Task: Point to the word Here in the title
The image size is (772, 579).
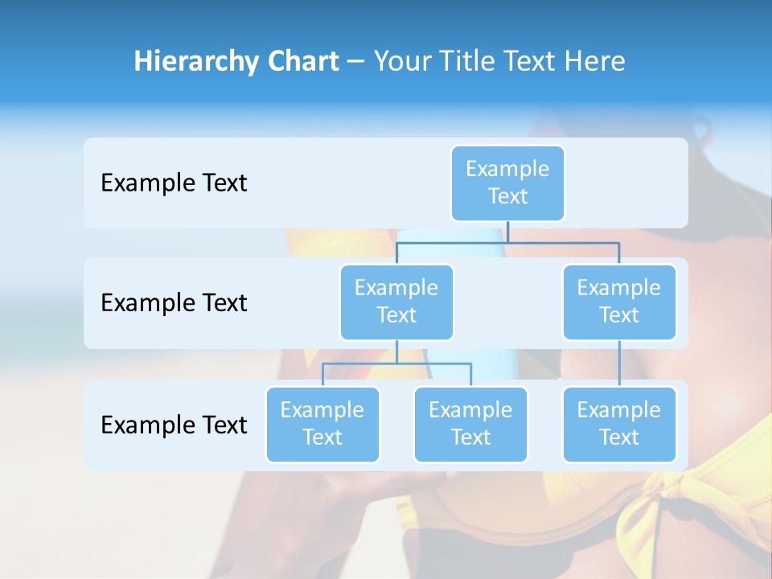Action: pyautogui.click(x=594, y=62)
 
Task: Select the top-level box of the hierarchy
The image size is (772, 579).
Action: pyautogui.click(x=507, y=183)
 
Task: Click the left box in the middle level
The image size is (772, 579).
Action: pyautogui.click(x=396, y=302)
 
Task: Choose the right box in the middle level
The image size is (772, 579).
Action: pyautogui.click(x=619, y=302)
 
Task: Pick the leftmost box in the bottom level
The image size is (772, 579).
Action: pyautogui.click(x=322, y=424)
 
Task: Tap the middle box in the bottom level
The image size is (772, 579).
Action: pyautogui.click(x=470, y=424)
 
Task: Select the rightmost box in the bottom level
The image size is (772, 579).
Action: pyautogui.click(x=619, y=424)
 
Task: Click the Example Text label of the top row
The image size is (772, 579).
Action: pyautogui.click(x=174, y=183)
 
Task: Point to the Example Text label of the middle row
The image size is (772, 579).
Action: pyautogui.click(x=174, y=303)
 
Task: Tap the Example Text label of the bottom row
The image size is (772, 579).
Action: pyautogui.click(x=174, y=425)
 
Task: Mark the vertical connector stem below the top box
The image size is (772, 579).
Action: pyautogui.click(x=507, y=232)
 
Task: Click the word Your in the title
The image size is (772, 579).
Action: pyautogui.click(x=399, y=62)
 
